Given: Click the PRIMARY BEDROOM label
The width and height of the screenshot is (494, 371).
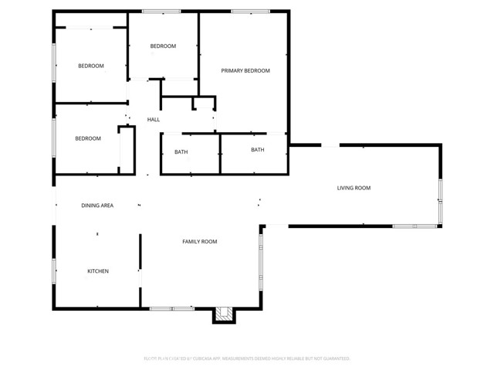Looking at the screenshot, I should pyautogui.click(x=245, y=71).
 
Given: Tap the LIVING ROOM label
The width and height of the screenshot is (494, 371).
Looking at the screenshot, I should pyautogui.click(x=354, y=188).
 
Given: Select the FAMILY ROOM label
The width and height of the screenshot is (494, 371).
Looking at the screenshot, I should pyautogui.click(x=199, y=242).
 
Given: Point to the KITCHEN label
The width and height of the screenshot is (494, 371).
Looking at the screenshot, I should pyautogui.click(x=97, y=271).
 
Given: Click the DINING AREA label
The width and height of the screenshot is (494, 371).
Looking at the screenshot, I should pyautogui.click(x=97, y=206).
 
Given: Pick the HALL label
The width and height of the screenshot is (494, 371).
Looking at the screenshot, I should pyautogui.click(x=154, y=119).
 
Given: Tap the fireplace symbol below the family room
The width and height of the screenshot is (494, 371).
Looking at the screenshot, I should pyautogui.click(x=223, y=314).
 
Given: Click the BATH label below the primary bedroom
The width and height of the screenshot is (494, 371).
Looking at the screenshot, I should pyautogui.click(x=257, y=150).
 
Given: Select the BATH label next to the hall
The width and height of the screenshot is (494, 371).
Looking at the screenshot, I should pyautogui.click(x=181, y=151).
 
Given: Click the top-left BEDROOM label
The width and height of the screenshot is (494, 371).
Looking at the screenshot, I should pyautogui.click(x=91, y=66).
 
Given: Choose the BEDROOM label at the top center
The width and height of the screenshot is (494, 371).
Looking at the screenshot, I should pyautogui.click(x=163, y=46).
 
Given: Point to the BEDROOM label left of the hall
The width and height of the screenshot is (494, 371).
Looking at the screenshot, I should pyautogui.click(x=88, y=138).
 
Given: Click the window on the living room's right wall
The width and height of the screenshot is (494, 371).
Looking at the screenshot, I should pyautogui.click(x=440, y=201).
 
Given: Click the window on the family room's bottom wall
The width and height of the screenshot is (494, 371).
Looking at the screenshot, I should pyautogui.click(x=171, y=308).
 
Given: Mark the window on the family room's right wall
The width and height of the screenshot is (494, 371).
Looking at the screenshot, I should pyautogui.click(x=261, y=259).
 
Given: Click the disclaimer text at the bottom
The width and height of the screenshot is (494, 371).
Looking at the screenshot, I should pyautogui.click(x=247, y=359).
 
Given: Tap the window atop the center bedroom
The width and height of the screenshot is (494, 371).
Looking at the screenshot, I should pyautogui.click(x=162, y=11).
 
